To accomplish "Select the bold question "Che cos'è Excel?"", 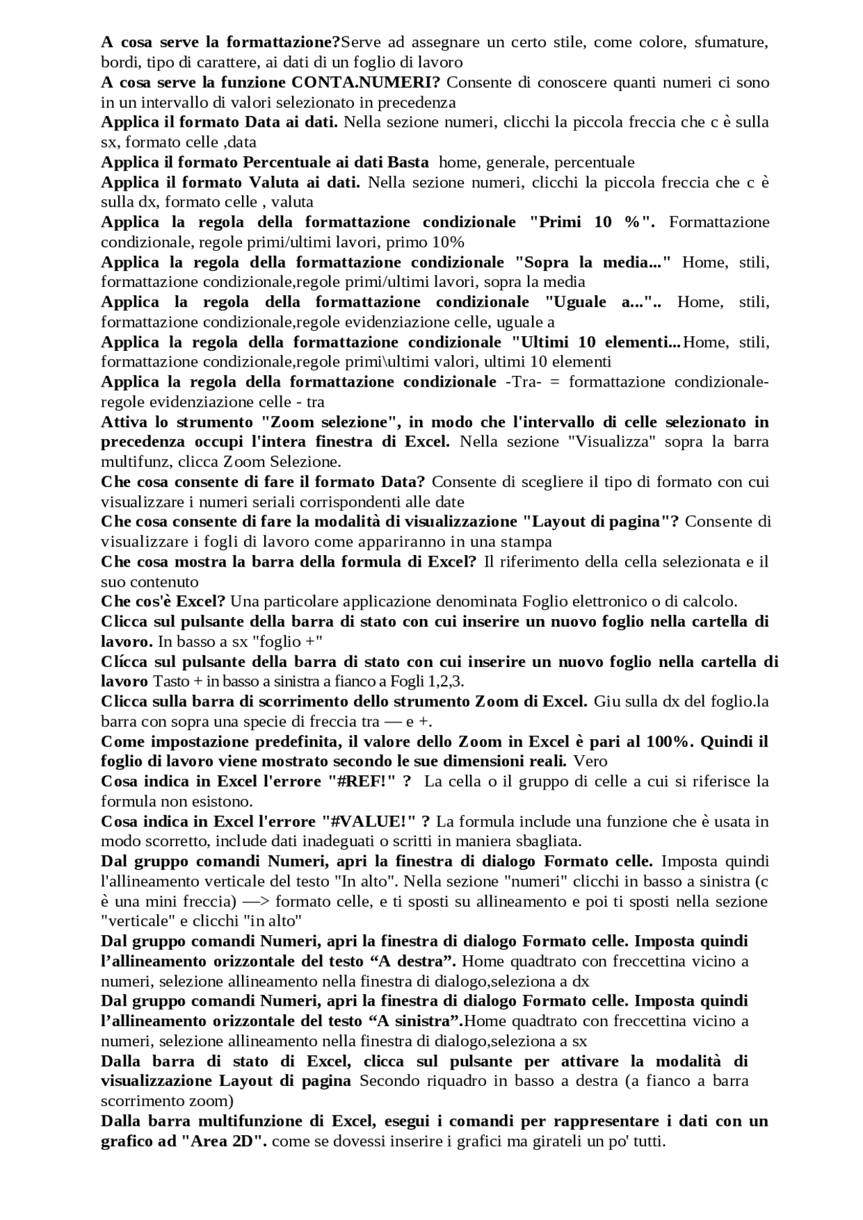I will point(162,601).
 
